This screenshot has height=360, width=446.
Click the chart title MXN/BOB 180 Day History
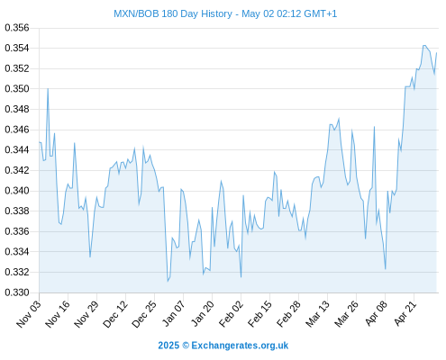click(x=173, y=13)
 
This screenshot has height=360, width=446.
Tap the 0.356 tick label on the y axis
click(x=17, y=28)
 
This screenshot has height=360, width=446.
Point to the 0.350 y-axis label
click(x=17, y=89)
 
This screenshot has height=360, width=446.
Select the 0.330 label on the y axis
click(x=17, y=292)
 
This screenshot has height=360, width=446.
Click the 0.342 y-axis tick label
click(x=17, y=170)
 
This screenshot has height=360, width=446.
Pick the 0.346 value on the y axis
click(x=17, y=130)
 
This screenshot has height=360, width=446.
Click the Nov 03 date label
click(x=29, y=314)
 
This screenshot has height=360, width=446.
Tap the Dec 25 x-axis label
click(x=144, y=314)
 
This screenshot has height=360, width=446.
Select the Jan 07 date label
click(x=174, y=314)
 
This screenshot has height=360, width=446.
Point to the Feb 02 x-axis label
click(x=231, y=314)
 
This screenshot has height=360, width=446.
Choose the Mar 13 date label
click(x=317, y=314)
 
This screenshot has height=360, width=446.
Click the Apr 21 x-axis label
click(x=405, y=314)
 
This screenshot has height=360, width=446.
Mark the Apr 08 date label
click(x=376, y=314)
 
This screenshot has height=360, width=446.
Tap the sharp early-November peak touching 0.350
click(x=48, y=89)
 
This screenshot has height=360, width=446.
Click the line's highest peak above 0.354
click(x=424, y=45)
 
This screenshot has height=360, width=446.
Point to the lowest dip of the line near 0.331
click(x=168, y=281)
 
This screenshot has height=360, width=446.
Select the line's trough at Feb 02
click(x=241, y=277)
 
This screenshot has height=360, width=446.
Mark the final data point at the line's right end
click(x=436, y=53)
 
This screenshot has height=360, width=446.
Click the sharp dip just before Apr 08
click(x=385, y=269)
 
